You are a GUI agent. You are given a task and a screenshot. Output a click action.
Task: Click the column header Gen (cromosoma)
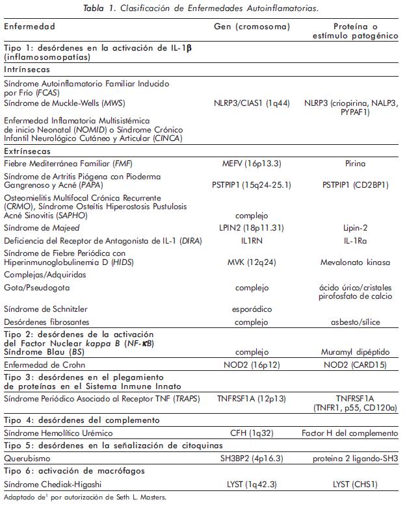[x=252, y=27]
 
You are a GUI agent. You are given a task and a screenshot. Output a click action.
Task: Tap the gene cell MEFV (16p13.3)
[x=251, y=163]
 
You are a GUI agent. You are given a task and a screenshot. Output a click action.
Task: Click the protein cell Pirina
[x=355, y=163]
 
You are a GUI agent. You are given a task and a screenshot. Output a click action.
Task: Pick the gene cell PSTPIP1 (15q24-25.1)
[x=252, y=185]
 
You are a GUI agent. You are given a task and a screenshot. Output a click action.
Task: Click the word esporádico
[x=251, y=309]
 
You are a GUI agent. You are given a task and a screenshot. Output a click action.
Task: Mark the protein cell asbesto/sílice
[x=355, y=322]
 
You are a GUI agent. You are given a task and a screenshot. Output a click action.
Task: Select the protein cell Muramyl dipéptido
[x=355, y=351]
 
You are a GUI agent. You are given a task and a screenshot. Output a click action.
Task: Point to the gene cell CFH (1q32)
[x=251, y=432]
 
